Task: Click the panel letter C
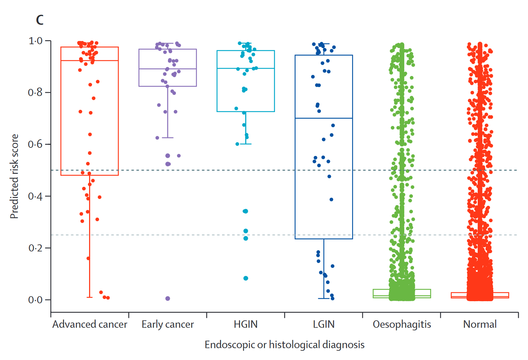(39, 20)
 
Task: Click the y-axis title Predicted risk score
(14, 176)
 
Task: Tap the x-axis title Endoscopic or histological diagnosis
(284, 345)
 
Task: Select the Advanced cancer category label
(89, 325)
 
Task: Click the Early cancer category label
(168, 325)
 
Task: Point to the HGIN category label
(246, 325)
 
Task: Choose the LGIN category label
(323, 325)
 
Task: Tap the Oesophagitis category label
(402, 325)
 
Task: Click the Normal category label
(480, 325)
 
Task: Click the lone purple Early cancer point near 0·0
(168, 299)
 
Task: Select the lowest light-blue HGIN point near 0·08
(246, 278)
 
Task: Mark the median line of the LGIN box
(324, 118)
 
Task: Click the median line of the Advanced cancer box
(89, 60)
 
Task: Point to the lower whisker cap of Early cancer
(168, 138)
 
